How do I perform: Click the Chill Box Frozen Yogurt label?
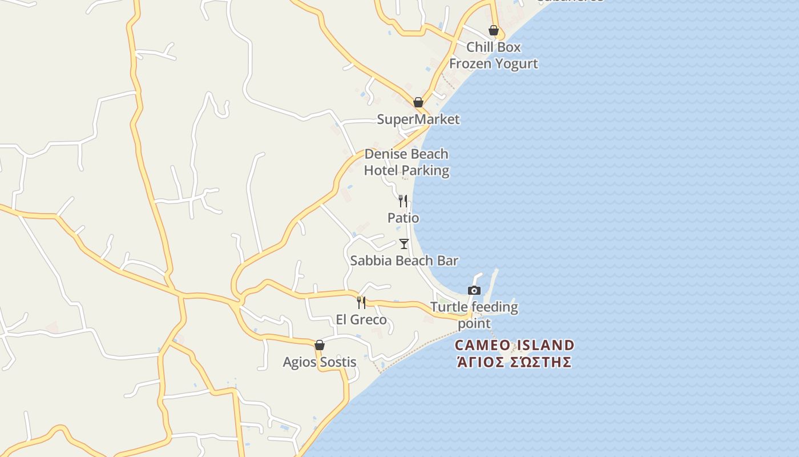[x=494, y=55]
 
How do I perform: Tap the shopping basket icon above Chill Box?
[x=494, y=30]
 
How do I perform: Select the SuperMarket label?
[x=418, y=119]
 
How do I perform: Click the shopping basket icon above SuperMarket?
[x=418, y=102]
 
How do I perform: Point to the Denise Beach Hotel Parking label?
[x=406, y=162]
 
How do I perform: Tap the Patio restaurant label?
[x=403, y=218]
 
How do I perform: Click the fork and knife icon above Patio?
[x=403, y=201]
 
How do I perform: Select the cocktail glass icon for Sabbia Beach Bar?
[x=404, y=244]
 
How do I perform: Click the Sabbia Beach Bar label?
[x=404, y=260]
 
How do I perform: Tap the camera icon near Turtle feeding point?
[x=474, y=290]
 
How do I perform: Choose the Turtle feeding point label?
[x=474, y=315]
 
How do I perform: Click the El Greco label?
[x=361, y=319]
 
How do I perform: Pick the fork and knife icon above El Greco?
[x=361, y=302]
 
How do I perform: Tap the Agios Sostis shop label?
[x=320, y=362]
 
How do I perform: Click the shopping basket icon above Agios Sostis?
[x=320, y=345]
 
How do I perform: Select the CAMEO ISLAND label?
[x=514, y=345]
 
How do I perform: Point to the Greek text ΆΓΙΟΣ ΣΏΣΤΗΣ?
[x=514, y=362]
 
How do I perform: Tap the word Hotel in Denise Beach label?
[x=382, y=170]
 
